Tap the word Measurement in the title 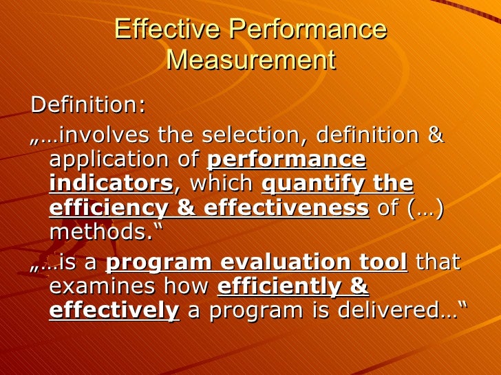(x=250, y=60)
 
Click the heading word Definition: (x=88, y=105)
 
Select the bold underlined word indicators (x=111, y=184)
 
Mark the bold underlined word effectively (x=114, y=310)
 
